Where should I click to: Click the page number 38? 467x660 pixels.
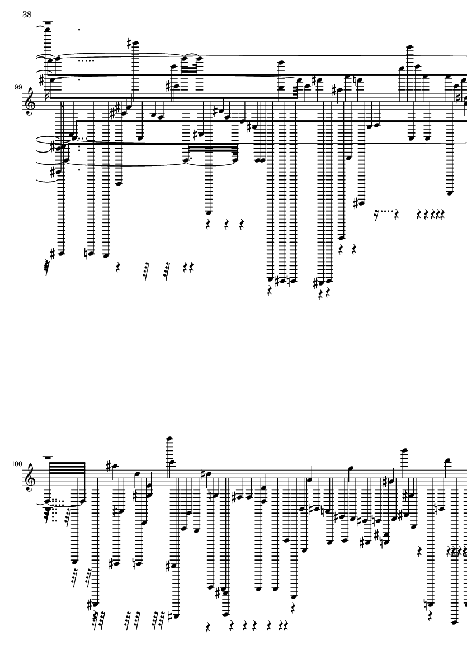pos(27,15)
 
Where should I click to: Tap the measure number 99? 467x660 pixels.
pos(18,87)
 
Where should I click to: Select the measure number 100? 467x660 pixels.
pos(17,464)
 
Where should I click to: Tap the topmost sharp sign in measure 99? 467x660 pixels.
pos(129,42)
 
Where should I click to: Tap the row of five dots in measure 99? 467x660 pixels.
pos(86,60)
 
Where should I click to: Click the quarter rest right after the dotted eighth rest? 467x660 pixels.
pos(396,215)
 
